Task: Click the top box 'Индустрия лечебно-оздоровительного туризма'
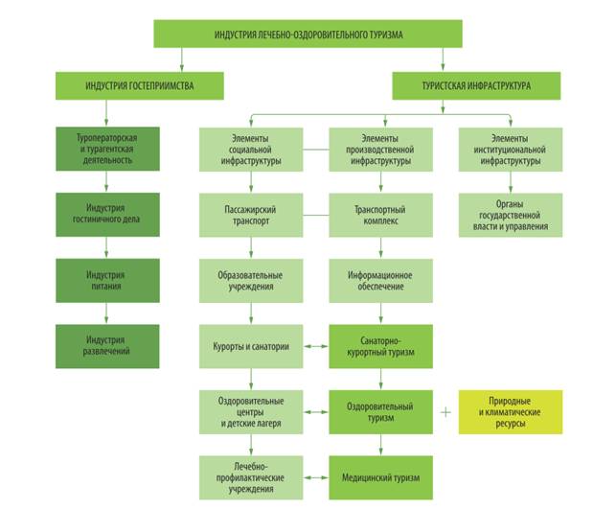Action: [x=308, y=34]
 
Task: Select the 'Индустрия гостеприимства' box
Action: [x=139, y=85]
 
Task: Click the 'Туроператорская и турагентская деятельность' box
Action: [x=107, y=150]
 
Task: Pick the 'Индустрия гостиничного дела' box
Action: [x=107, y=215]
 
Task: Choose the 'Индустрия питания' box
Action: [x=107, y=280]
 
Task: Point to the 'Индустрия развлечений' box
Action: [x=107, y=345]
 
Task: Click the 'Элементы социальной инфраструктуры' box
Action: [x=251, y=150]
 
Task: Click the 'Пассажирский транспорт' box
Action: [x=251, y=215]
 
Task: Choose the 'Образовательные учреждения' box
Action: [x=251, y=280]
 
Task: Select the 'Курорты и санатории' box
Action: [x=251, y=345]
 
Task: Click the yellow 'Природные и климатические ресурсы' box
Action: [x=510, y=412]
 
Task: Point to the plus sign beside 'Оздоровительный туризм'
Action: [x=445, y=412]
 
